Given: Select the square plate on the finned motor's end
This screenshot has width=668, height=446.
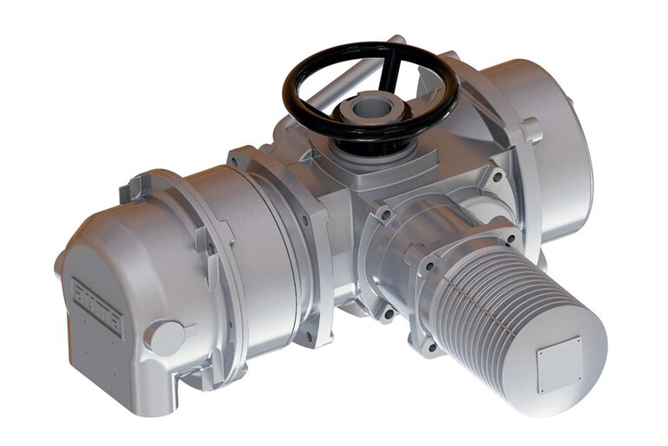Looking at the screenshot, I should coord(559,364).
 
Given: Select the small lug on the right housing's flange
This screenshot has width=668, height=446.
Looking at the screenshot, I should coord(531,130).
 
